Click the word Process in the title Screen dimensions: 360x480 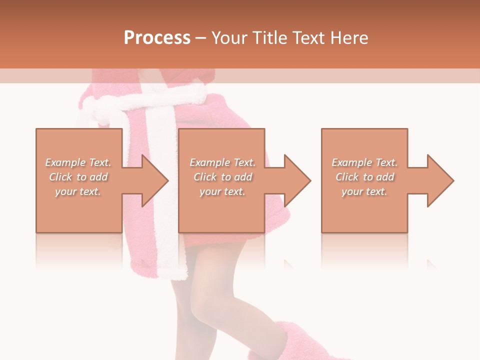click(157, 38)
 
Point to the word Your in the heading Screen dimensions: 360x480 click(229, 38)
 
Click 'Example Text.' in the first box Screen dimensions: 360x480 click(78, 162)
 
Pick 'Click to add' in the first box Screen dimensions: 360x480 click(78, 177)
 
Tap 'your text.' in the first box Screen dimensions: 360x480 click(78, 191)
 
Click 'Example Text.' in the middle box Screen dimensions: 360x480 click(222, 162)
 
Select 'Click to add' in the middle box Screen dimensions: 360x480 click(222, 177)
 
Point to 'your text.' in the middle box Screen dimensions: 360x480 click(222, 191)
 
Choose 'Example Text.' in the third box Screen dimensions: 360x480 click(365, 162)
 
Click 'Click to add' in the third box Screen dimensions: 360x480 click(365, 177)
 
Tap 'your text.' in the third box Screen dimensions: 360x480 click(365, 191)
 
